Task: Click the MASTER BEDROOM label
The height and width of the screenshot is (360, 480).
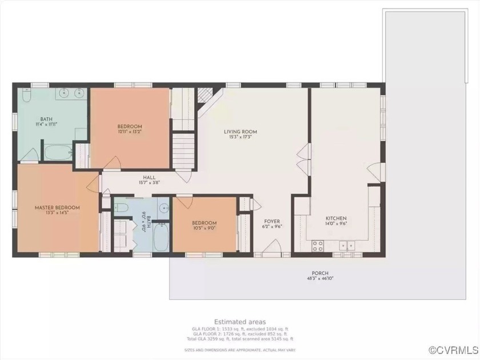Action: click(57, 207)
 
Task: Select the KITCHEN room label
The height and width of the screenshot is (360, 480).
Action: click(336, 218)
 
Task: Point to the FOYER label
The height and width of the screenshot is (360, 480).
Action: click(271, 221)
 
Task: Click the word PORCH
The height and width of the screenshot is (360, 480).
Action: click(319, 273)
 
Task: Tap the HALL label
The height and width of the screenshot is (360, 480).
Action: click(149, 178)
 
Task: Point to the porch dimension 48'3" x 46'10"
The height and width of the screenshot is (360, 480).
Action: click(319, 279)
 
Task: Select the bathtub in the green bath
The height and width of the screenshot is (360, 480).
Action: click(57, 153)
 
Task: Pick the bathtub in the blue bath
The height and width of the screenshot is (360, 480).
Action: click(161, 237)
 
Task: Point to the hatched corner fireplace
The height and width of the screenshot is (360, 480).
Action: click(204, 95)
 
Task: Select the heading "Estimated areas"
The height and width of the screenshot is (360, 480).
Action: click(239, 322)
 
